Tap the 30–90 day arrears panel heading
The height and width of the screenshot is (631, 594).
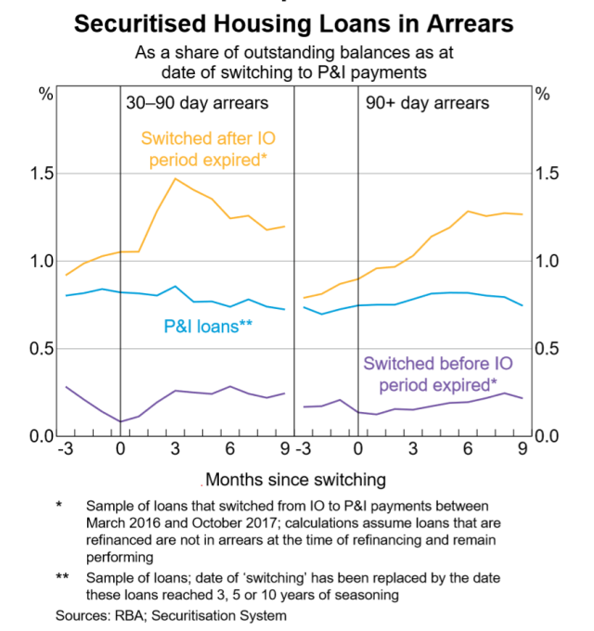(x=197, y=104)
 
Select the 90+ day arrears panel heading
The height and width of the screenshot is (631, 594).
(x=414, y=104)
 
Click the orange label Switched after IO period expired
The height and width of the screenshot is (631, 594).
(x=208, y=149)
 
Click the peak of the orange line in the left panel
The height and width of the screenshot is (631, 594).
(x=175, y=178)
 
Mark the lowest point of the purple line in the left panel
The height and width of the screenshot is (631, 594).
(x=121, y=421)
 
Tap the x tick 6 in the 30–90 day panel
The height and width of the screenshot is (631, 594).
(x=230, y=450)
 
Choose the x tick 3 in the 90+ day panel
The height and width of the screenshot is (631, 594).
(x=413, y=450)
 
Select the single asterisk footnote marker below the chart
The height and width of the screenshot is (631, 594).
(x=58, y=505)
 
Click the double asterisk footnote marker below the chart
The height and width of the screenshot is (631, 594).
(x=60, y=577)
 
